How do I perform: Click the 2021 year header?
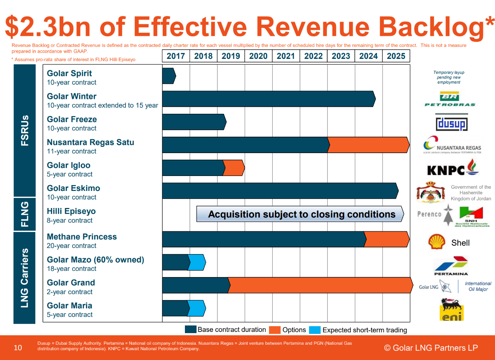tap(286, 56)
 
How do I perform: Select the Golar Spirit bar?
tap(169, 76)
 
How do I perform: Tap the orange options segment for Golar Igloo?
tap(234, 168)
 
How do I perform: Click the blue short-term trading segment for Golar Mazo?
tap(197, 263)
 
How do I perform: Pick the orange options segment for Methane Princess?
tap(387, 239)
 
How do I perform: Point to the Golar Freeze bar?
tap(194, 122)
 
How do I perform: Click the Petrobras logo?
tap(450, 99)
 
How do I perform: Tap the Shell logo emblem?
tap(437, 242)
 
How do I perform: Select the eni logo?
tap(451, 309)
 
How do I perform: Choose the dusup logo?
tap(452, 122)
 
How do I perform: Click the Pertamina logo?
tap(451, 266)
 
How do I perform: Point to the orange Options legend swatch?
tap(275, 330)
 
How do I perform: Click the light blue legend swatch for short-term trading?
tap(315, 330)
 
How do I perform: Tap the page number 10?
tap(18, 348)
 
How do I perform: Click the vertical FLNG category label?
tap(24, 214)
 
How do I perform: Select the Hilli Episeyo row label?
tap(71, 215)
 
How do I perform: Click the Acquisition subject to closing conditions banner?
tap(300, 214)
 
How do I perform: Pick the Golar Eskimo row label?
tap(74, 192)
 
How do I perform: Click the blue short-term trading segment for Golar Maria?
tap(197, 308)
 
